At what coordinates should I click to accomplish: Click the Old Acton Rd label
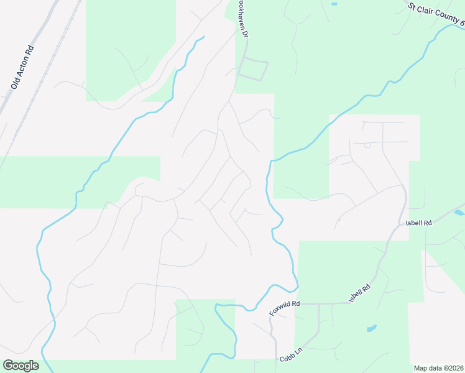pyautogui.click(x=22, y=67)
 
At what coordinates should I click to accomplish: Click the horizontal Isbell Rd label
pyautogui.click(x=419, y=222)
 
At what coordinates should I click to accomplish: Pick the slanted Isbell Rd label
pyautogui.click(x=361, y=293)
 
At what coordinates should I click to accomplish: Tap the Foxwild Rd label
pyautogui.click(x=285, y=308)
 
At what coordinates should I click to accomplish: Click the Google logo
pyautogui.click(x=21, y=366)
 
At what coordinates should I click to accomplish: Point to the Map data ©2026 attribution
pyautogui.click(x=438, y=368)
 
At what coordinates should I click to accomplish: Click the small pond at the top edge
pyautogui.click(x=334, y=4)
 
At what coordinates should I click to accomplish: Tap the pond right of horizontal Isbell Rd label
pyautogui.click(x=459, y=213)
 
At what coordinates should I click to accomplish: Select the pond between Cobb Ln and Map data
pyautogui.click(x=371, y=328)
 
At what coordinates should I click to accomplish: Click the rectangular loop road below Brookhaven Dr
pyautogui.click(x=254, y=69)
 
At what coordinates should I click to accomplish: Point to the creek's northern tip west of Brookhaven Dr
pyautogui.click(x=202, y=39)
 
